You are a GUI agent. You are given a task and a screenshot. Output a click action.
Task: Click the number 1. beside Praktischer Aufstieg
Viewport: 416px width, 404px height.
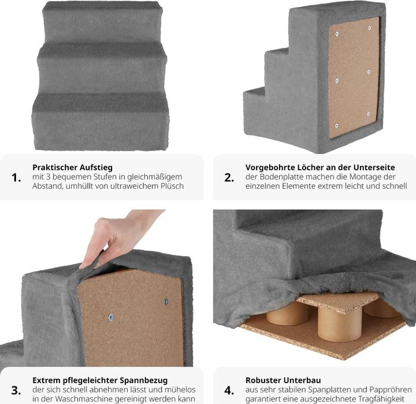click(17, 177)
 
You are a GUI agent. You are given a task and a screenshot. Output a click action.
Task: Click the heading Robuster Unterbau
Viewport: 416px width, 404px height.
click(283, 380)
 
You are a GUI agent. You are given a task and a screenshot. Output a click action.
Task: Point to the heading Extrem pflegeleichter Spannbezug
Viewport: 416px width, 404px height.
click(100, 380)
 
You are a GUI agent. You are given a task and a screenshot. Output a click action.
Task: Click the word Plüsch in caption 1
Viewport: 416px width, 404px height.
click(171, 186)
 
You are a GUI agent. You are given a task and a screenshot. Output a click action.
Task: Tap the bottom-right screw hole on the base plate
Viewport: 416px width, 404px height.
click(368, 114)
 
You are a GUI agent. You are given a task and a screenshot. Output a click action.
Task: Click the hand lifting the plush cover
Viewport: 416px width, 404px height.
click(118, 237)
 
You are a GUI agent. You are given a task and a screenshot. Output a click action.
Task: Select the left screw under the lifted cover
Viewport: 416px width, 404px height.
click(111, 317)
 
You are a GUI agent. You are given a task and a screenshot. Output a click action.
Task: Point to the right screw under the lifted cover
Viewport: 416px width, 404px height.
click(166, 301)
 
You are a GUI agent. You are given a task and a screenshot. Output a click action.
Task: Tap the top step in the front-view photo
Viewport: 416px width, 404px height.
click(101, 23)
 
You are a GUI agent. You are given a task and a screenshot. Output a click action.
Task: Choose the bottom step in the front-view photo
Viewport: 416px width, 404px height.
click(101, 121)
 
